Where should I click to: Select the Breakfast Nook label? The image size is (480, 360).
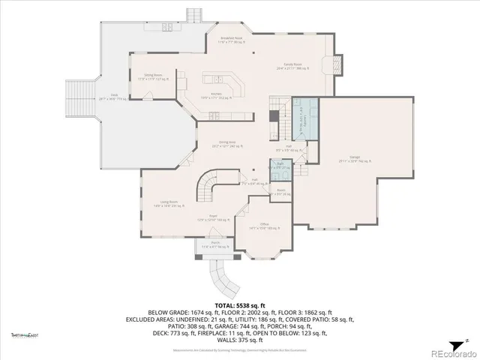point(230,39)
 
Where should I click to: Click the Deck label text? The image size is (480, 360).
point(114,96)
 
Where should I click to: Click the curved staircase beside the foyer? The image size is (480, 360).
point(209,184)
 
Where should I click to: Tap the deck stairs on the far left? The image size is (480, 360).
point(79,97)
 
